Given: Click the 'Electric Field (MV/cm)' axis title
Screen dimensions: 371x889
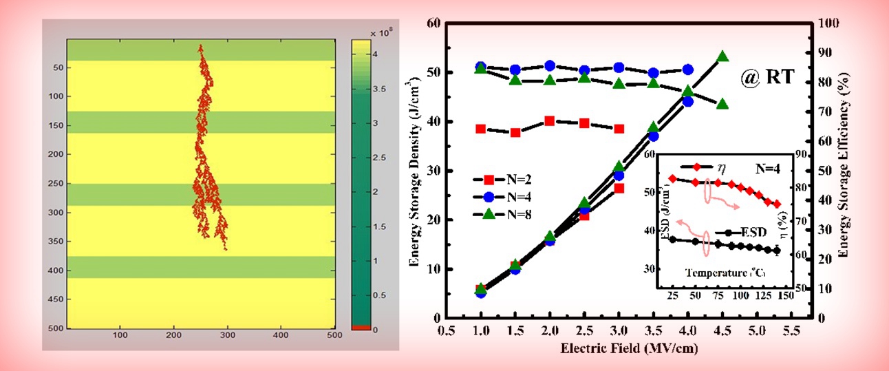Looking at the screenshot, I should [620, 349].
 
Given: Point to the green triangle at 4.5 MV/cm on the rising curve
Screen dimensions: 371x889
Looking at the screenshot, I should [722, 56].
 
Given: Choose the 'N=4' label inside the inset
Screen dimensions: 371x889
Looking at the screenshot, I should [767, 167].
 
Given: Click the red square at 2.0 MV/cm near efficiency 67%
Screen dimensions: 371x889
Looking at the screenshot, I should [550, 121].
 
